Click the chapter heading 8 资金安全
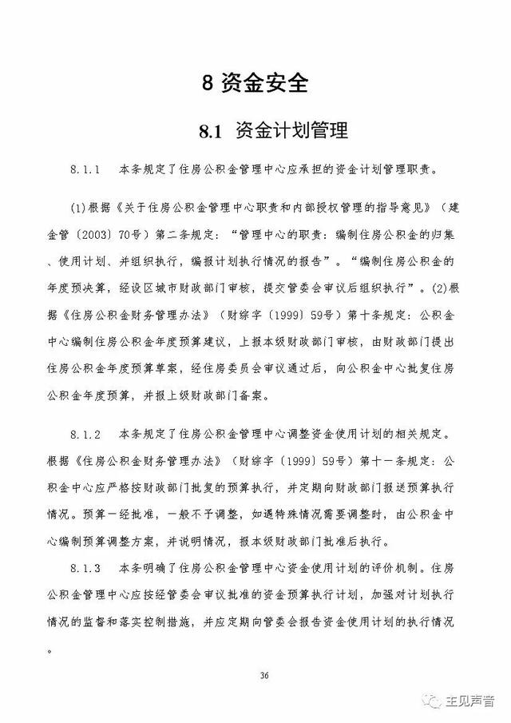255,82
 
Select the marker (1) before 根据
79,209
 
